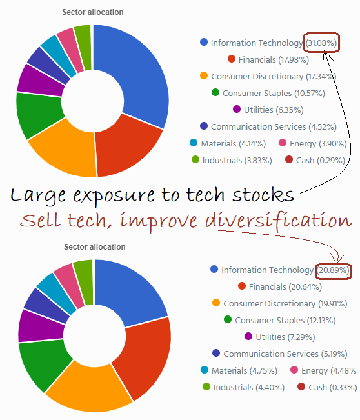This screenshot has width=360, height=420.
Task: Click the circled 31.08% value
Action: [321, 43]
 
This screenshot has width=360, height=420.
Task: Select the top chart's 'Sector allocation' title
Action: [93, 12]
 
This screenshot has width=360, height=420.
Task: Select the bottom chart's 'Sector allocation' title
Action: [95, 247]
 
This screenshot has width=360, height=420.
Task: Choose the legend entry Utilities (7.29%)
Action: [285, 337]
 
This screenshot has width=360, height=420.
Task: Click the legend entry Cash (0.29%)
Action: [314, 160]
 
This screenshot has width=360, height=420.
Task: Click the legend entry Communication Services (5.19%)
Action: [285, 354]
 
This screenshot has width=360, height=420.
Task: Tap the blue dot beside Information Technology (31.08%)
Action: [204, 43]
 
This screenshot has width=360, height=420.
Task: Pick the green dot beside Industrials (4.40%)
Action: [206, 386]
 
